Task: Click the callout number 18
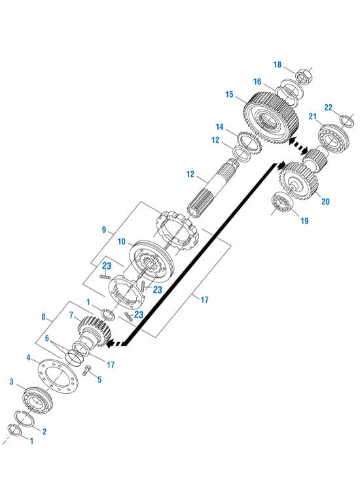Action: (x=277, y=65)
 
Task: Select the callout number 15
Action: (x=229, y=95)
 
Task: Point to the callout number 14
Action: (x=220, y=126)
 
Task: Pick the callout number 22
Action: (x=329, y=107)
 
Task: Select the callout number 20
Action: (x=325, y=202)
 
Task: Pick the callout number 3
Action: (x=11, y=381)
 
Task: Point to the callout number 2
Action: (x=45, y=431)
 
